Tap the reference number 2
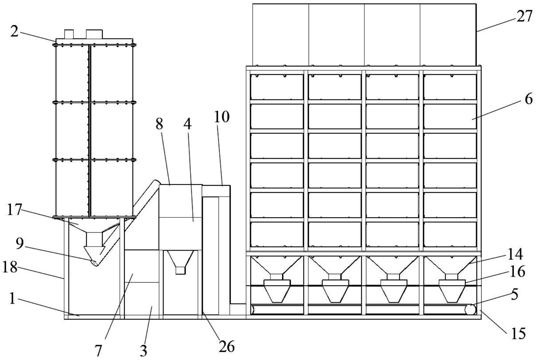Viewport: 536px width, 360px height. (x=14, y=31)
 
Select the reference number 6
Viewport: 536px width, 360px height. (x=528, y=99)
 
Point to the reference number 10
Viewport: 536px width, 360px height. (x=222, y=117)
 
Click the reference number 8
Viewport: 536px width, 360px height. (x=159, y=123)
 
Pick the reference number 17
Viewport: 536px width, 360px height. (x=14, y=210)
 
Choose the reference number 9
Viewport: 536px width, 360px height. (x=20, y=244)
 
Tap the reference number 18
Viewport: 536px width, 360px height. (x=10, y=268)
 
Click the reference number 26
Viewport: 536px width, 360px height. (x=226, y=347)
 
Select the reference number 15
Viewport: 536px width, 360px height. (x=518, y=334)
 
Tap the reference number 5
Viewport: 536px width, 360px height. (x=514, y=295)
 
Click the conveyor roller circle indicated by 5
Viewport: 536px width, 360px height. (x=470, y=310)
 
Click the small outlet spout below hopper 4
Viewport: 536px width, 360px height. (x=180, y=270)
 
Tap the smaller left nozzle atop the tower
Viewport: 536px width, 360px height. (x=69, y=34)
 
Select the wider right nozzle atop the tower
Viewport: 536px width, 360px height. (x=94, y=34)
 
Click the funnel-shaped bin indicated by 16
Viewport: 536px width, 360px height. (x=452, y=291)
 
